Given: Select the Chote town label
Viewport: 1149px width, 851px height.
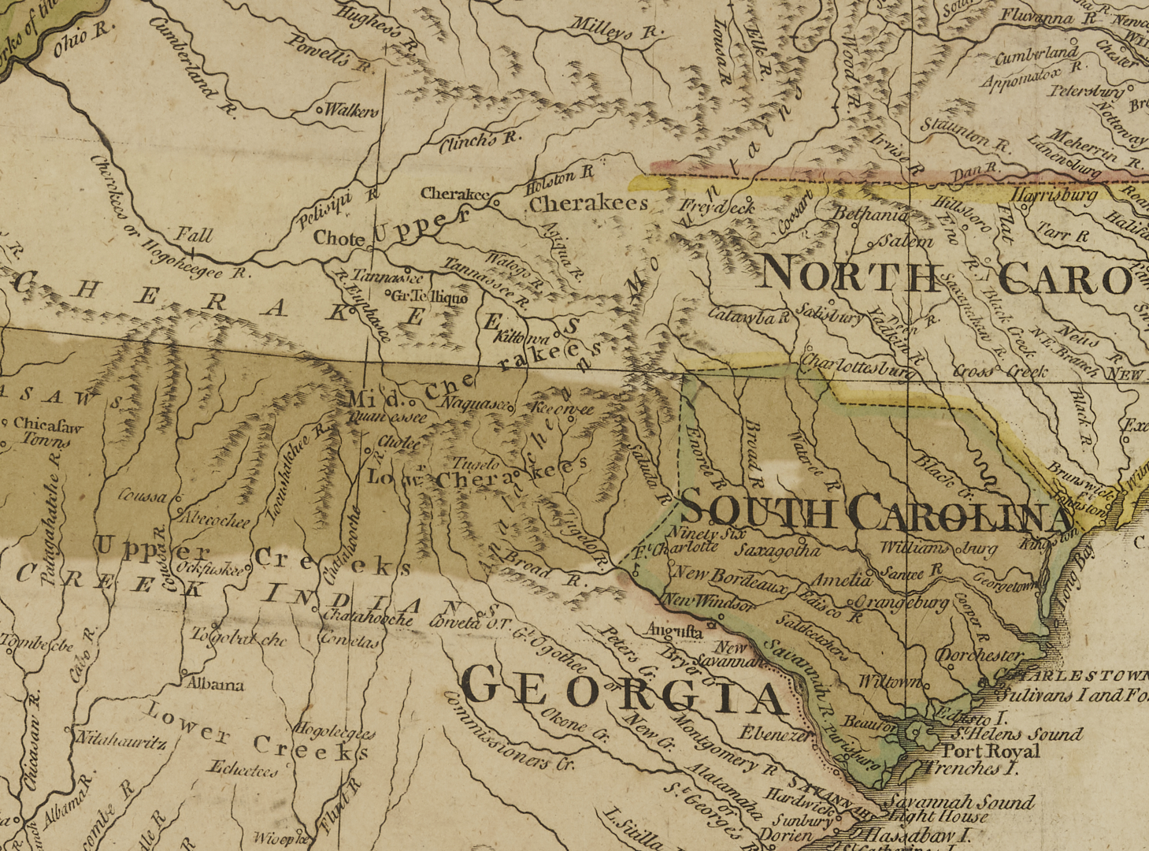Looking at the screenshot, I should pos(339,238).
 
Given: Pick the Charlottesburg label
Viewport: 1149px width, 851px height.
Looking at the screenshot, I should pos(858,363).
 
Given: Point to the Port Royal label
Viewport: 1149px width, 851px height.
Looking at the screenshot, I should pos(991,751).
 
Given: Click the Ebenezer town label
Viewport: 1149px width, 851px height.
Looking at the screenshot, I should pos(774,733).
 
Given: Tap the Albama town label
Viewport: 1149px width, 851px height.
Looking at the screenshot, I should pos(215,684).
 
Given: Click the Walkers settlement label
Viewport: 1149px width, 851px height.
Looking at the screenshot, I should pos(351,111).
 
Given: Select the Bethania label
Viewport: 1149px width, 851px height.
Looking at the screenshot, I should pos(869,214).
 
